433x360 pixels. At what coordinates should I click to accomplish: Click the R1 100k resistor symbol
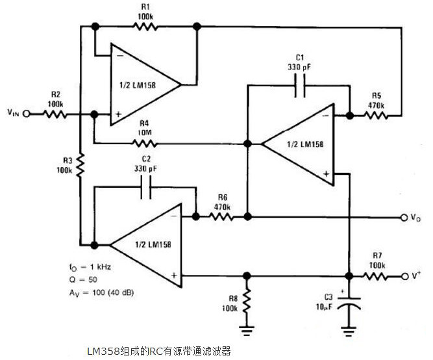(x=145, y=27)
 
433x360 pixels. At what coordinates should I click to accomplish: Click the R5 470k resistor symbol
(x=377, y=116)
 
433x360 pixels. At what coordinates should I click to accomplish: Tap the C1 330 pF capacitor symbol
(x=300, y=86)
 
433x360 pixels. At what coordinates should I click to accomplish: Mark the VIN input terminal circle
(x=27, y=113)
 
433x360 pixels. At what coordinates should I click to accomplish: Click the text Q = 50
(x=83, y=279)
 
